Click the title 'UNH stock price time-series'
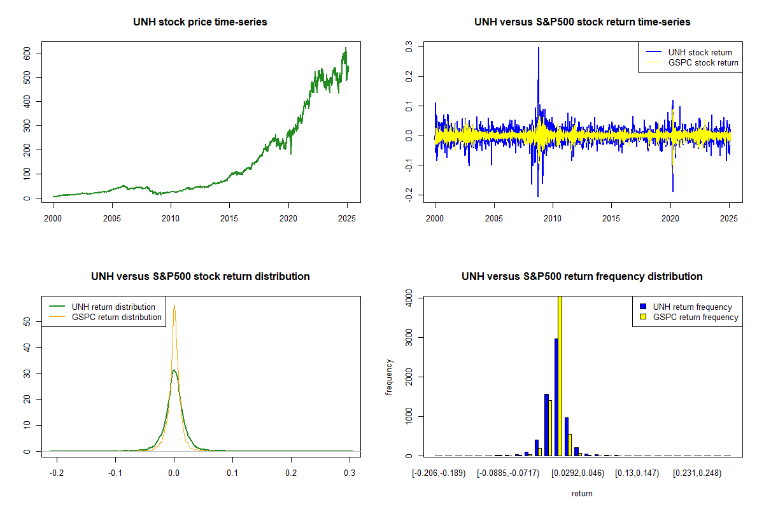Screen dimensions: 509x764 click(x=200, y=22)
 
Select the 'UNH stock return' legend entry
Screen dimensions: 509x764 click(x=700, y=52)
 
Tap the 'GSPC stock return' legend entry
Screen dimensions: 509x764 click(x=703, y=62)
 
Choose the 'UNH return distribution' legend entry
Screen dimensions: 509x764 click(x=113, y=307)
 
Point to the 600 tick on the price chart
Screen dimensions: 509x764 click(x=27, y=53)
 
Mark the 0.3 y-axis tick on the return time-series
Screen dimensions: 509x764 click(x=409, y=46)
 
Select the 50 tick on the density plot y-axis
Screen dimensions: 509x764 click(x=27, y=322)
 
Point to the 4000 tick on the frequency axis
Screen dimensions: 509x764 click(x=409, y=297)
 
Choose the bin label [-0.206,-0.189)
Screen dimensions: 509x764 click(x=439, y=473)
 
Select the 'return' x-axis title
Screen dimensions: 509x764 click(x=582, y=493)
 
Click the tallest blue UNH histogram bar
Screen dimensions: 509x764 click(x=556, y=397)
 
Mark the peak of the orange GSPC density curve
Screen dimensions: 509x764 click(x=174, y=305)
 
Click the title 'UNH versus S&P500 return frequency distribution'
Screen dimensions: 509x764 click(x=582, y=277)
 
